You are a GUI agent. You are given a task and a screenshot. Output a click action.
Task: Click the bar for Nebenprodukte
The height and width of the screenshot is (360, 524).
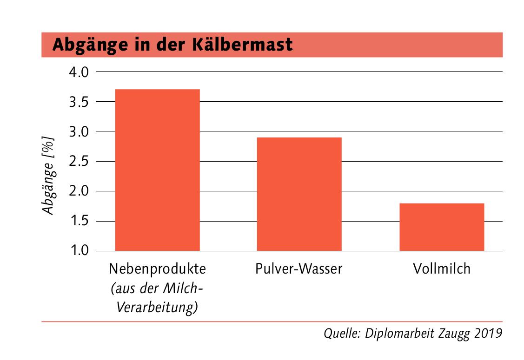(x=157, y=170)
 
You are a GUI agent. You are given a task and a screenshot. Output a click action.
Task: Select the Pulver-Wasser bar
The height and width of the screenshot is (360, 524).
(x=299, y=194)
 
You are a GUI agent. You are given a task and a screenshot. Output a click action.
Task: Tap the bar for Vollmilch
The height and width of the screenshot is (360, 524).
(x=441, y=227)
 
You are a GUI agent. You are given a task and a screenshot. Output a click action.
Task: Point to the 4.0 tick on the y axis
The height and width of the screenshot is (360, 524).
(x=79, y=72)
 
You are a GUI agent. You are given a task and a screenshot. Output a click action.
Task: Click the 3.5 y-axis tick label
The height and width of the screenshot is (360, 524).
(x=79, y=102)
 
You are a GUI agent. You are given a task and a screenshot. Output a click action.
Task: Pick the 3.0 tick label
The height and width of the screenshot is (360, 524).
(x=79, y=131)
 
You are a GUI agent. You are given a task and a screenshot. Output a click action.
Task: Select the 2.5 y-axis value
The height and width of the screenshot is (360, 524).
(x=79, y=162)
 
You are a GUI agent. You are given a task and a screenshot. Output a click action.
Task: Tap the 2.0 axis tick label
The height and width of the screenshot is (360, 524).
(x=79, y=191)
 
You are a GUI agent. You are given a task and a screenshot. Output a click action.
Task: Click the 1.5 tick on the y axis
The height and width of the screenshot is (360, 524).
(x=79, y=221)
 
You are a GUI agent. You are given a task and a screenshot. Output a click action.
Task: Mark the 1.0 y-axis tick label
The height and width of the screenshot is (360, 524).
(x=79, y=251)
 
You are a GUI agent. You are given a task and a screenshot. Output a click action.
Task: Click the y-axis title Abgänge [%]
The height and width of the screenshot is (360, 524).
(x=48, y=175)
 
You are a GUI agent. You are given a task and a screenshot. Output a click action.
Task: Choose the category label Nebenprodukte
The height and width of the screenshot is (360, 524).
(x=157, y=269)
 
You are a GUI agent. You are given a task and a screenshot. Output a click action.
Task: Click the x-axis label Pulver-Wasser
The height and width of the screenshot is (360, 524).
(x=298, y=269)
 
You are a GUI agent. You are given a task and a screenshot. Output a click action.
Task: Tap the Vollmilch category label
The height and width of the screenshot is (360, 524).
(x=441, y=268)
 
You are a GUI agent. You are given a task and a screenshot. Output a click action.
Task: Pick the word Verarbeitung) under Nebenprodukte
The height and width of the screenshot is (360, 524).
(x=157, y=308)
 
